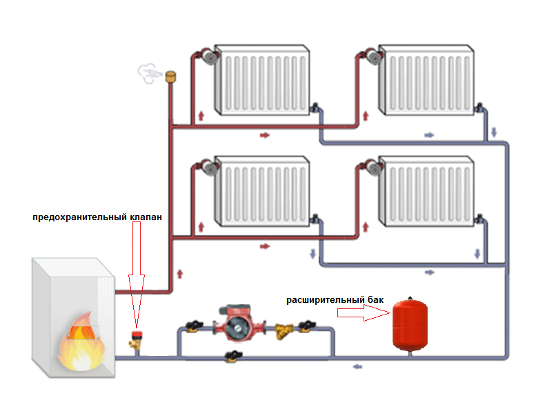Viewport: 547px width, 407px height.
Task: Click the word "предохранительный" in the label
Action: coord(80,217)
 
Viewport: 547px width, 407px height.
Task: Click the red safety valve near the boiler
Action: coord(137,337)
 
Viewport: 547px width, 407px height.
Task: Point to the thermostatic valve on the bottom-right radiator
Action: coord(371,166)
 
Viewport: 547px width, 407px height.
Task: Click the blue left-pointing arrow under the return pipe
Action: coord(357,366)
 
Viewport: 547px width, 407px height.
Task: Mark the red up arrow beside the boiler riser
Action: coord(180,273)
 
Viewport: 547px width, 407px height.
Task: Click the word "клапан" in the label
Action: coord(146,217)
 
